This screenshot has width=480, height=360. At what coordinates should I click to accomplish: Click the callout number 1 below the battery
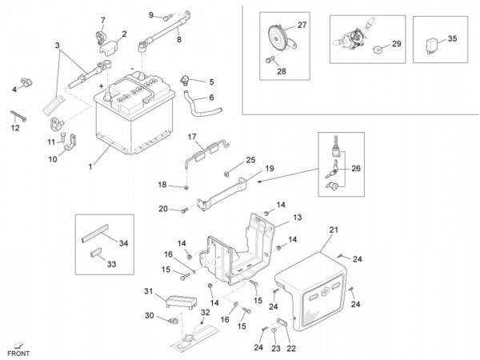pyautogui.click(x=91, y=166)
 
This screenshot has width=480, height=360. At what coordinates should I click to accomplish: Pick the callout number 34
pyautogui.click(x=122, y=242)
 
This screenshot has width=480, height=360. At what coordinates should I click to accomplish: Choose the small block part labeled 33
pyautogui.click(x=94, y=254)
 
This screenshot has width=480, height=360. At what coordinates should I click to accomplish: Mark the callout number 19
pyautogui.click(x=269, y=169)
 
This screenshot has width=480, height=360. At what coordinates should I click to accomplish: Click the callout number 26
pyautogui.click(x=356, y=168)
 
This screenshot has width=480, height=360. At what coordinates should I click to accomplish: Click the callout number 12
pyautogui.click(x=15, y=127)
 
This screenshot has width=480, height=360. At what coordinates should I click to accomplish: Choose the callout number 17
pyautogui.click(x=192, y=138)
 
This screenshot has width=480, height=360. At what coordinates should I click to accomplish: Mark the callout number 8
pyautogui.click(x=179, y=38)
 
